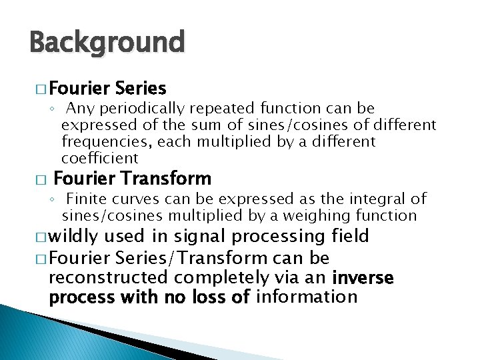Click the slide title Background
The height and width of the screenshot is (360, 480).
[x=107, y=43]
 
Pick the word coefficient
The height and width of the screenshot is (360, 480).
[x=100, y=158]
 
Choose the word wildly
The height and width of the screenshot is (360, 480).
[x=74, y=237]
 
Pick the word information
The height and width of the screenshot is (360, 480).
[x=307, y=296]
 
